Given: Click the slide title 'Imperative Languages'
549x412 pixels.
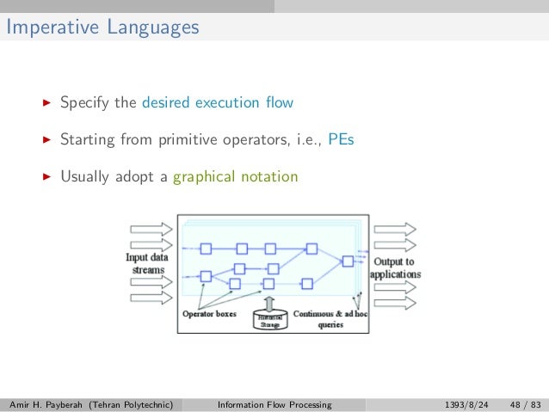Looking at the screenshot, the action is pos(102,28).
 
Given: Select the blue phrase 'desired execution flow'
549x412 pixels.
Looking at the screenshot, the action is pos(218,103).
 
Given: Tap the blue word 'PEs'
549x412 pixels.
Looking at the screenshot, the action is pos(341,140).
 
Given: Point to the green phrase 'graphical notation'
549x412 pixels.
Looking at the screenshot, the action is pos(235,177).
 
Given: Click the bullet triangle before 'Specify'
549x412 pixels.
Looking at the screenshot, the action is pos(47,103).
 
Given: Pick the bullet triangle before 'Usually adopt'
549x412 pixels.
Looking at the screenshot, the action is pos(47,177).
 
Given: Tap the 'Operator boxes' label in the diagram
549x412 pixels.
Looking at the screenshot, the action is pos(208,314).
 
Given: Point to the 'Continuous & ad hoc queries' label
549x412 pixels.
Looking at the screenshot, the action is pos(330,319).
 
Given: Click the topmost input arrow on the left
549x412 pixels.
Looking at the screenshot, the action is pos(150,230).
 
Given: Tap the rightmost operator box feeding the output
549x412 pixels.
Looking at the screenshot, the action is pos(347,261).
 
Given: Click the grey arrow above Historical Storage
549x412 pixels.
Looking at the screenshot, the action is pos(268,302).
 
